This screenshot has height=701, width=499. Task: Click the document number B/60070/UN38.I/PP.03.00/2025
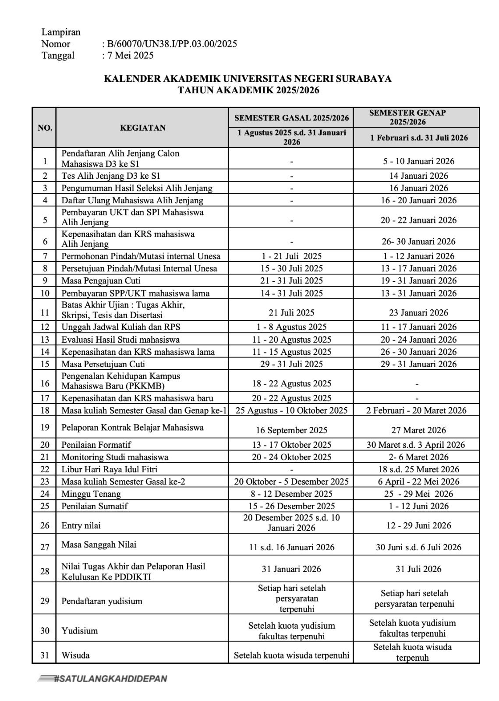click(x=171, y=44)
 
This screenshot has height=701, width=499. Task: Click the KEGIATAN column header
click(x=143, y=127)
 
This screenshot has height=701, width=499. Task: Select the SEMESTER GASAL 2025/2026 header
click(x=291, y=117)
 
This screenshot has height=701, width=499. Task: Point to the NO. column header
click(x=45, y=128)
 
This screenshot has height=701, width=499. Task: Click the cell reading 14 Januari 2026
click(x=418, y=176)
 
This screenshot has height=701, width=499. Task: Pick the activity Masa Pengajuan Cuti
click(x=101, y=281)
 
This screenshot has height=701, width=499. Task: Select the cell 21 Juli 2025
click(x=291, y=312)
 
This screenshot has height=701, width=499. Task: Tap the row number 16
click(x=45, y=383)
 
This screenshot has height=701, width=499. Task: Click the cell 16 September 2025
click(x=291, y=430)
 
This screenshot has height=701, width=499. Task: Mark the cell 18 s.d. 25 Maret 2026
click(x=418, y=469)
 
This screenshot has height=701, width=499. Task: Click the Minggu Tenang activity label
click(x=91, y=494)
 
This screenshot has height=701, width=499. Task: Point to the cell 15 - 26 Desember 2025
click(x=291, y=506)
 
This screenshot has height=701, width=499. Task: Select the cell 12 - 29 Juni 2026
click(x=418, y=525)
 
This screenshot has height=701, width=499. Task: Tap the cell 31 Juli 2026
click(x=418, y=569)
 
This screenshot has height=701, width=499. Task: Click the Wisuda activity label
click(x=75, y=655)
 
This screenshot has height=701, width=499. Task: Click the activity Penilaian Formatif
click(x=96, y=445)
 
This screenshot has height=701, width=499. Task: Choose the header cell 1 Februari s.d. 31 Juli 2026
click(x=418, y=138)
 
